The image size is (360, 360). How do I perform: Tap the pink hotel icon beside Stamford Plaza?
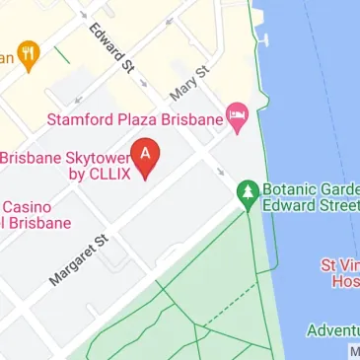pos(236,117)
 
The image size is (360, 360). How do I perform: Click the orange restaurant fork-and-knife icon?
pos(28,56)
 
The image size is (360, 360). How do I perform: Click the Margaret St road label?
pos(77,260)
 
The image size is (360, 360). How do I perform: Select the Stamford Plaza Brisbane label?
pos(134,120)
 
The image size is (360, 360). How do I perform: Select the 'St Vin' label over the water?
pos(340,264)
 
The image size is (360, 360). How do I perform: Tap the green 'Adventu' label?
pos(333,330)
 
